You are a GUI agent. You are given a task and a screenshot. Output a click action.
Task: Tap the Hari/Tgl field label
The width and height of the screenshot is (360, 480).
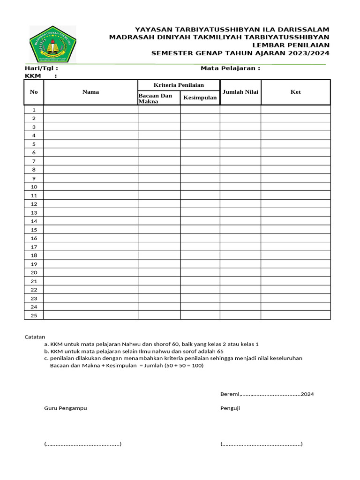tap(41, 68)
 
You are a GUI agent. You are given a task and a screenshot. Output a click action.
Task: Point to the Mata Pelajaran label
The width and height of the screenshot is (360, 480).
tap(230, 68)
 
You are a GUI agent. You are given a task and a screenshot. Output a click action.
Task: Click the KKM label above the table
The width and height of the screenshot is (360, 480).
tap(33, 76)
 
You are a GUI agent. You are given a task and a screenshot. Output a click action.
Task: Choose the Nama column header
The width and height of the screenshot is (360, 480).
tap(90, 92)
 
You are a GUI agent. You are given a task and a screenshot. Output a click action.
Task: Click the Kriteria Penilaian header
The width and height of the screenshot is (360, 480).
tap(179, 85)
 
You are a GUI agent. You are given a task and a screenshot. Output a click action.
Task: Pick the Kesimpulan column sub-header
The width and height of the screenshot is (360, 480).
tap(200, 98)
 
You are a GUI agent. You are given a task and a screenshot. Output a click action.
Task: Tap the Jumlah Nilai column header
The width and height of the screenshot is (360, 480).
tap(240, 92)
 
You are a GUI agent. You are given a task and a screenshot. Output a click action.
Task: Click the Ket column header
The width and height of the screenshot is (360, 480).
tap(295, 92)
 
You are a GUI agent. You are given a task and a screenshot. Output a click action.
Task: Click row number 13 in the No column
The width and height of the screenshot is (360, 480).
tap(34, 212)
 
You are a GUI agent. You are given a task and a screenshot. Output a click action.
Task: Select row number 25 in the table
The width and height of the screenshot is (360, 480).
tap(34, 315)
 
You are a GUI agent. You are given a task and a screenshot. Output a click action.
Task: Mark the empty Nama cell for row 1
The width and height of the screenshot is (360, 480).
tap(90, 110)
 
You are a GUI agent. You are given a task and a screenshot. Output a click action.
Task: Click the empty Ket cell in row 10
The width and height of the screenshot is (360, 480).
tap(295, 187)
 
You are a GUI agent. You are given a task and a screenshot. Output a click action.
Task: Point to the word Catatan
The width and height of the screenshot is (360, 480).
tap(35, 337)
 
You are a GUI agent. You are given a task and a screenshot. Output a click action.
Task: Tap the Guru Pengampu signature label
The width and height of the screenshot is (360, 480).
tap(66, 408)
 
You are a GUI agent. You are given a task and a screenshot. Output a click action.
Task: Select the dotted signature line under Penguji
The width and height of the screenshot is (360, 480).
tap(261, 444)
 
